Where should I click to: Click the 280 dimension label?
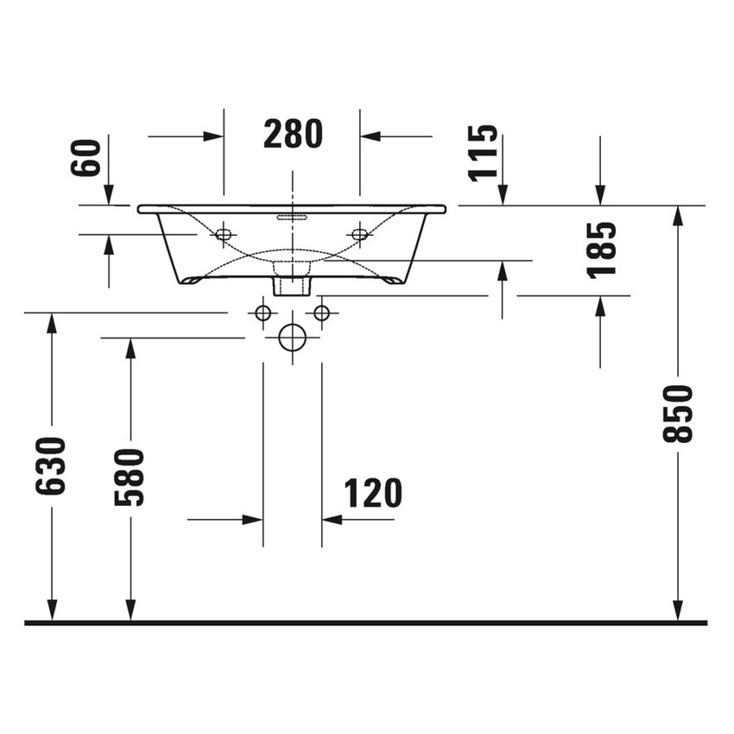point(292,135)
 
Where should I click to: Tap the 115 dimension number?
point(484,152)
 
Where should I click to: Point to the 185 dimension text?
point(601,249)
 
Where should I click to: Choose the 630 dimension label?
point(51,466)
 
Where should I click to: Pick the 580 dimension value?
point(130,477)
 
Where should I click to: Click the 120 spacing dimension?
point(373,494)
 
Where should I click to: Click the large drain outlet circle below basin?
point(293,338)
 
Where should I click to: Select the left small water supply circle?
point(263,313)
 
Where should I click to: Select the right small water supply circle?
point(321,313)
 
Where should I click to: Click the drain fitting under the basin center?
point(292,284)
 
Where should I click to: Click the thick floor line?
point(366,622)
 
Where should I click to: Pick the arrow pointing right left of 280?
point(212,136)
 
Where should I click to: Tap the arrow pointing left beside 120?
point(332,520)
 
